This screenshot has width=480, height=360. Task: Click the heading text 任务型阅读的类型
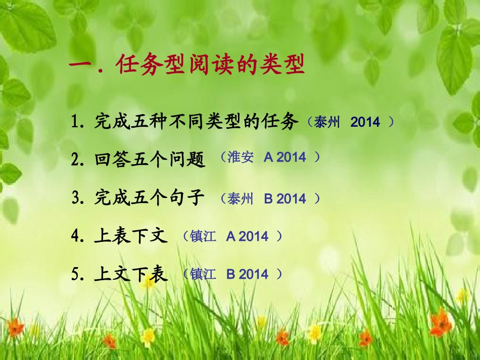click(x=210, y=66)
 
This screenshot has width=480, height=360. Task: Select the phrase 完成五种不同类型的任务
click(x=197, y=122)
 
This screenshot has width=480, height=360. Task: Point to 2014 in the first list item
click(x=365, y=122)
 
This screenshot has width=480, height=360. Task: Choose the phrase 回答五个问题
click(x=150, y=160)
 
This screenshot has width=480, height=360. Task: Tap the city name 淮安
click(x=240, y=158)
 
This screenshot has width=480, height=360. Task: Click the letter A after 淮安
click(x=269, y=158)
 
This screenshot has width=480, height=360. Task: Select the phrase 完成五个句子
click(x=150, y=198)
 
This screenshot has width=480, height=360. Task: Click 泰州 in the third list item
click(x=240, y=198)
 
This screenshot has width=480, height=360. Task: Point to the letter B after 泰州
click(x=269, y=198)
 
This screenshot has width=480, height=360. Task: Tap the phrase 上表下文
click(x=131, y=236)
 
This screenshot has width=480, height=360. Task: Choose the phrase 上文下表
click(x=131, y=274)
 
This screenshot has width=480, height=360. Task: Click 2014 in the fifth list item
click(x=254, y=274)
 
